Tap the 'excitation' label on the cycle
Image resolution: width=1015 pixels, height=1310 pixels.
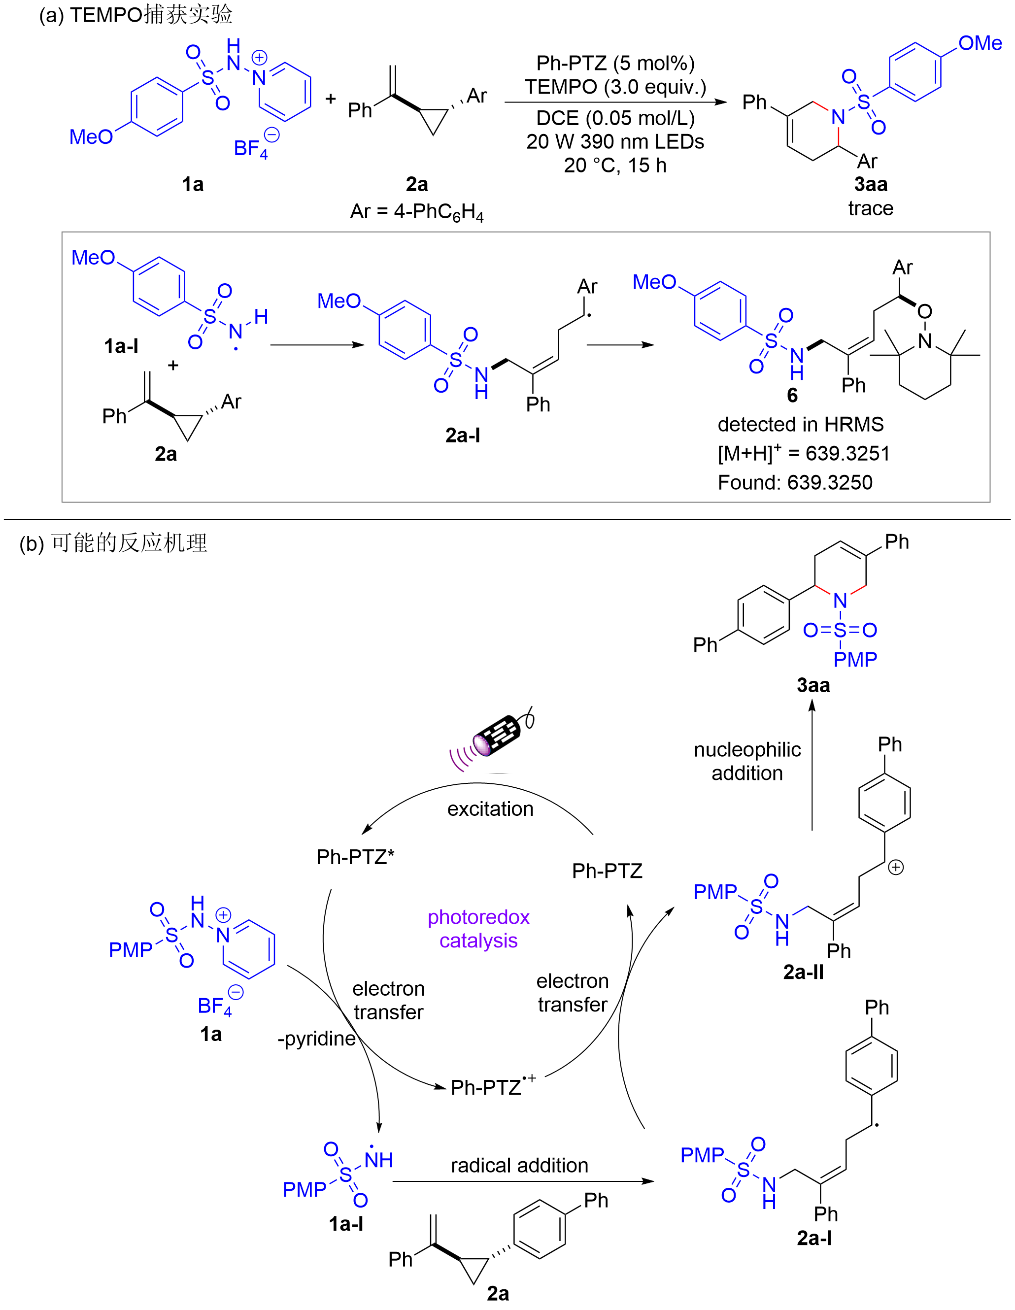point(490,809)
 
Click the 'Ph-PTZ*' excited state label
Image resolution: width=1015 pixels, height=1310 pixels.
point(355,857)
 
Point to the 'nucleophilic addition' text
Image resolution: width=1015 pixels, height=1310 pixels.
point(747,761)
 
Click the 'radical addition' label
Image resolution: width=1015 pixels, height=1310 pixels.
point(519,1166)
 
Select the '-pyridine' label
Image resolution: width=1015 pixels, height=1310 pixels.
point(316,1038)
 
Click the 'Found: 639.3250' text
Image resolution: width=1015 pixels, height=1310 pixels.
point(795,482)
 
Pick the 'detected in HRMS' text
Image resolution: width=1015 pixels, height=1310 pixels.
point(800,425)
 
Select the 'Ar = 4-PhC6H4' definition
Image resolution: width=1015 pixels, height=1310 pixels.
point(417,212)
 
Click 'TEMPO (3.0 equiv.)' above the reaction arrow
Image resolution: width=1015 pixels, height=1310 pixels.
point(615,87)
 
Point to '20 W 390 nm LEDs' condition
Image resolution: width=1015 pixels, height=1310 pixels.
point(615,141)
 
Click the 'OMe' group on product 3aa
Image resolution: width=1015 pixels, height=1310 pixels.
point(980,43)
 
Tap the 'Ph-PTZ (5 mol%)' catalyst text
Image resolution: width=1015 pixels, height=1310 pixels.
point(615,63)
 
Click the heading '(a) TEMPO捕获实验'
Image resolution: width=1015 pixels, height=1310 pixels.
point(135,14)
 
